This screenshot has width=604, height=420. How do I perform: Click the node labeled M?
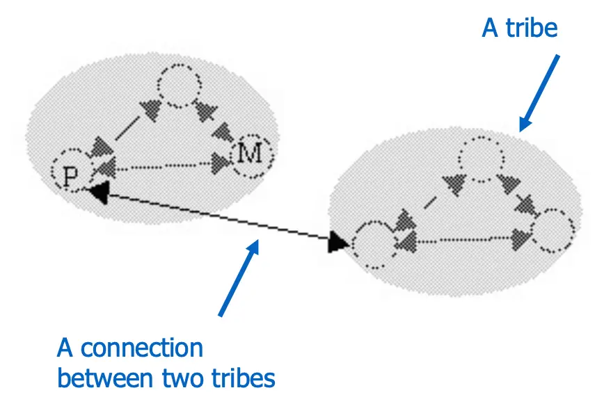(x=251, y=154)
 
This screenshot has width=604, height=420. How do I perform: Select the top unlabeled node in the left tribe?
(x=180, y=87)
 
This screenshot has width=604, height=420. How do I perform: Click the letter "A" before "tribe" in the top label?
(x=491, y=29)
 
